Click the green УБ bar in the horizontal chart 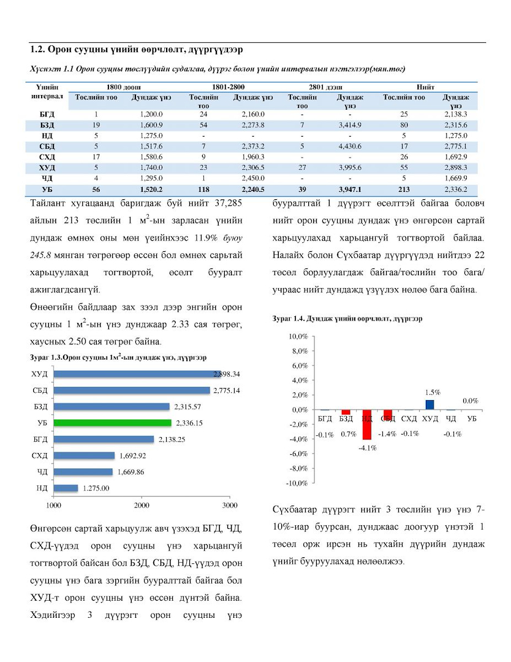point(112,423)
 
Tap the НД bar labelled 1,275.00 point(66,488)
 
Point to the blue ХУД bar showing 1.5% point(430,405)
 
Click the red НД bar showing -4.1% point(366,424)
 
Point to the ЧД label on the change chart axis point(451,418)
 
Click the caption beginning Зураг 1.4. point(347,319)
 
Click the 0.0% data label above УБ point(470,400)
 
